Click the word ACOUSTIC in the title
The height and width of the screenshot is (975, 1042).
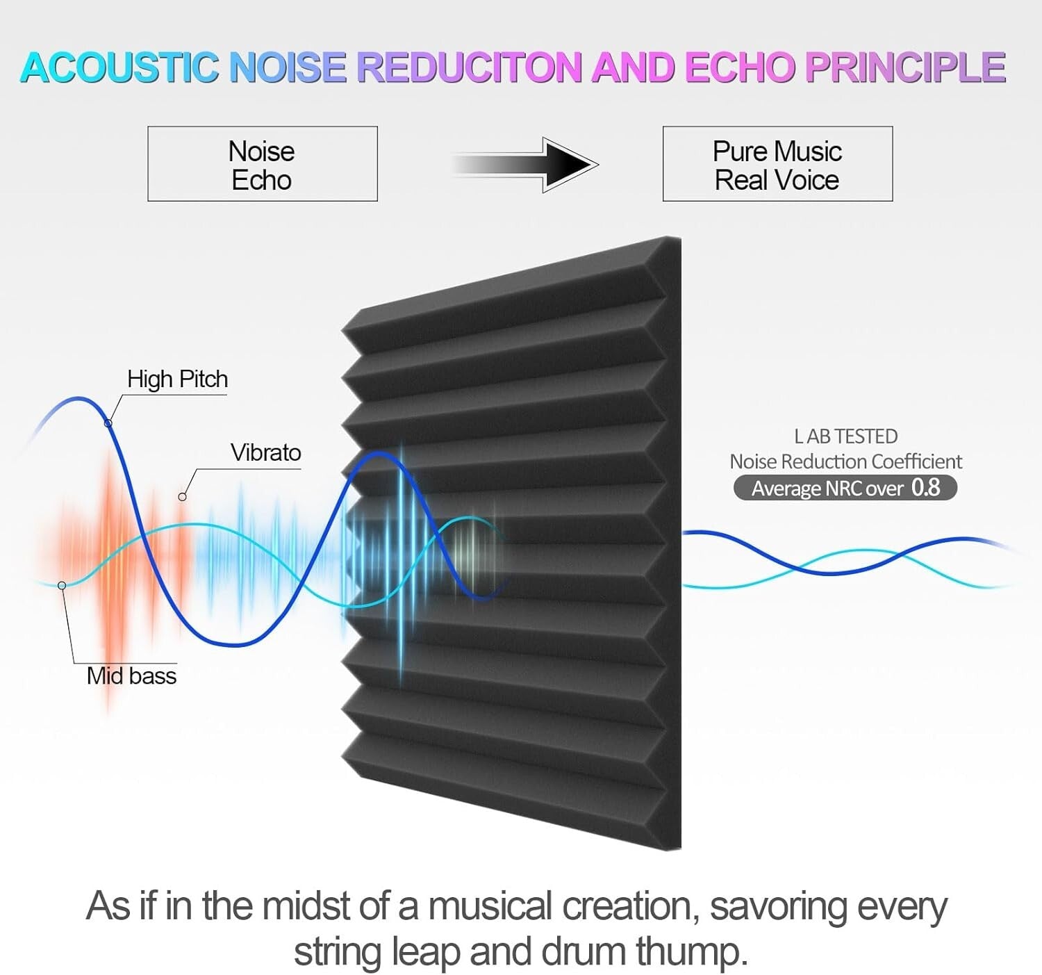click(118, 67)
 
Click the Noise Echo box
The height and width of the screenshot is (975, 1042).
click(262, 165)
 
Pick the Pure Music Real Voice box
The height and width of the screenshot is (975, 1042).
click(777, 165)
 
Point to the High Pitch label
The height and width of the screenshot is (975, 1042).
click(177, 379)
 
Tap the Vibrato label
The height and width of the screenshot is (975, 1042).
click(265, 453)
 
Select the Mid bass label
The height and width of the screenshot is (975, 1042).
click(131, 676)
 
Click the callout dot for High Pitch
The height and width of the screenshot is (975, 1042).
click(108, 423)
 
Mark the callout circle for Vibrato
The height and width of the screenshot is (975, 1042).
click(182, 497)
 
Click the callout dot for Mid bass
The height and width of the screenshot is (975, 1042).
click(62, 586)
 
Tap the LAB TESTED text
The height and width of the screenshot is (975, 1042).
click(845, 436)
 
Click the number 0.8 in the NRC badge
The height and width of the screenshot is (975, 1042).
click(925, 488)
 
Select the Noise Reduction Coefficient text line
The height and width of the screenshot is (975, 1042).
click(845, 461)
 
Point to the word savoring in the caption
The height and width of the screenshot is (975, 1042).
click(779, 907)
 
